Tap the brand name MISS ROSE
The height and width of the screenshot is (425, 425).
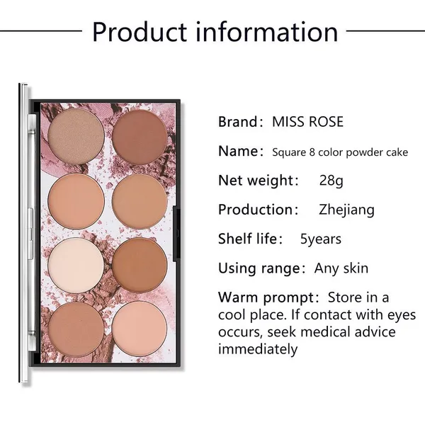(x=307, y=122)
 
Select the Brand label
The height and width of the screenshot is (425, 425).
(x=240, y=122)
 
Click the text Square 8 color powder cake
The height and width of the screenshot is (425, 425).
(x=340, y=152)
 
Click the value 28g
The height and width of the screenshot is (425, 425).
(x=331, y=180)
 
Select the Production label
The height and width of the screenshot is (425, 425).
(x=257, y=210)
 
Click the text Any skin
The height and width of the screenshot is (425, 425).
(x=341, y=268)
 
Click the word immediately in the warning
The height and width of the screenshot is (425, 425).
(x=258, y=349)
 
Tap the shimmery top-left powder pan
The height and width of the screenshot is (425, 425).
(x=77, y=132)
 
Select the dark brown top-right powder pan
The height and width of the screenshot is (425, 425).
(x=140, y=132)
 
